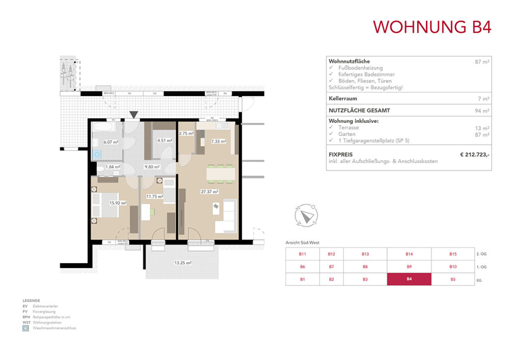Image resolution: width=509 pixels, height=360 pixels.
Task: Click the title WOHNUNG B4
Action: [432, 26]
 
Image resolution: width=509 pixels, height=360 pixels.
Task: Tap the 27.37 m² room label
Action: [210, 191]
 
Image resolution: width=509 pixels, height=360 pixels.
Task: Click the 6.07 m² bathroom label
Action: [111, 142]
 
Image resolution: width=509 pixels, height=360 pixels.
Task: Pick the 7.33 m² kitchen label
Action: [218, 141]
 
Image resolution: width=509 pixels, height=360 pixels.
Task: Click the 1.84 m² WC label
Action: [112, 167]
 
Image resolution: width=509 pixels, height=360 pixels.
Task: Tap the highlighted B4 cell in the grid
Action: [409, 279]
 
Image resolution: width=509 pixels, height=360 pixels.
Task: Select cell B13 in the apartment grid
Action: [365, 254]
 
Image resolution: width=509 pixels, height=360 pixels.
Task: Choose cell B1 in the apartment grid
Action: [302, 279]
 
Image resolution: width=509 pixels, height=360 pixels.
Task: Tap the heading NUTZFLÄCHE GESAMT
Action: [358, 110]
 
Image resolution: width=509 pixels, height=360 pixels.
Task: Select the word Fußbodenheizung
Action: [354, 68]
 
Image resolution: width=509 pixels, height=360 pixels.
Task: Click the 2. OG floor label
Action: [481, 254]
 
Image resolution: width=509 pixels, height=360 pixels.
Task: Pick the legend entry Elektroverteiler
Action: [45, 306]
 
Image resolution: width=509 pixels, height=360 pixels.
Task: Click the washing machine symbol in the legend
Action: [25, 329]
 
